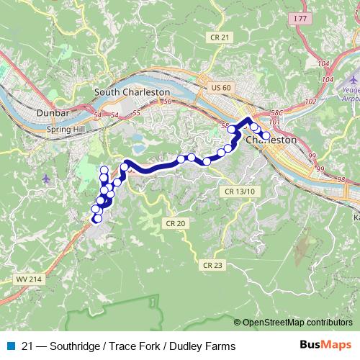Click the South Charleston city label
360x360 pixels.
(x=132, y=92)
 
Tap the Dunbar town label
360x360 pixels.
(x=52, y=113)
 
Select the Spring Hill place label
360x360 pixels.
(x=66, y=130)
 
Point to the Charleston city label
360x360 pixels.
(x=271, y=141)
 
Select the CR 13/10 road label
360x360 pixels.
(x=240, y=191)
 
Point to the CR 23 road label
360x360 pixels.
(x=212, y=265)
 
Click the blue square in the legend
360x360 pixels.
(x=9, y=346)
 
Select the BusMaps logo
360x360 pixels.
(x=326, y=346)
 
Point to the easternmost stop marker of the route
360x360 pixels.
(x=266, y=135)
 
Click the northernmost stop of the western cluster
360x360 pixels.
(x=104, y=171)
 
